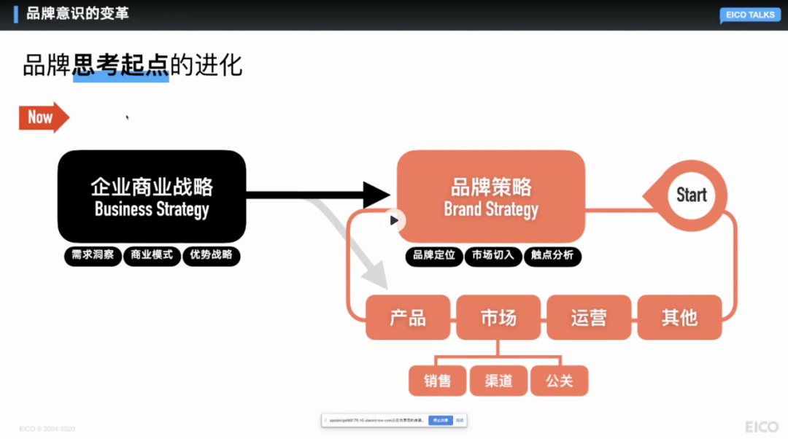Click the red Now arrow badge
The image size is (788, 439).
click(42, 117)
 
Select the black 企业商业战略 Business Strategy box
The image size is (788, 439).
click(152, 196)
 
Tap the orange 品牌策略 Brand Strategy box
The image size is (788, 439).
click(490, 196)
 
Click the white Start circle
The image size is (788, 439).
click(691, 195)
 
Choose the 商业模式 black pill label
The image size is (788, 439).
click(152, 255)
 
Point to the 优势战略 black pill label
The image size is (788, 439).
click(211, 255)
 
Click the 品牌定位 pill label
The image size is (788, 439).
click(433, 255)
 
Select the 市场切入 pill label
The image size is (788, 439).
click(492, 255)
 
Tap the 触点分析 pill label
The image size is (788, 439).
click(552, 255)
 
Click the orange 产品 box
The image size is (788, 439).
click(408, 317)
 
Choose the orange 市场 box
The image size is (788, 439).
click(498, 317)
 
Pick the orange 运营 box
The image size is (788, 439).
click(589, 317)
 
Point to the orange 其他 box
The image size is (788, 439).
click(679, 317)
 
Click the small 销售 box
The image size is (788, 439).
click(437, 381)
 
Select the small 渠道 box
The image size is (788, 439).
click(498, 381)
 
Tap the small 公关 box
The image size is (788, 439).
click(559, 381)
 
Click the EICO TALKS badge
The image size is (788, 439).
click(750, 15)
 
